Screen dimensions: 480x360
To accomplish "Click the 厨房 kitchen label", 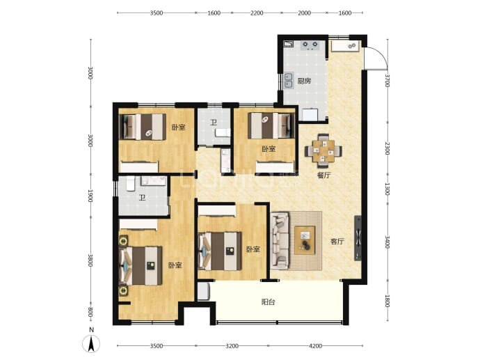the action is pyautogui.click(x=304, y=81).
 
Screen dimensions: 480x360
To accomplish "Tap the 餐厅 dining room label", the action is pyautogui.click(x=323, y=175).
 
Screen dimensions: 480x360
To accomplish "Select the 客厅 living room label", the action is pyautogui.click(x=337, y=242).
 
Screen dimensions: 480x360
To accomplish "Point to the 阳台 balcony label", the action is pyautogui.click(x=268, y=302).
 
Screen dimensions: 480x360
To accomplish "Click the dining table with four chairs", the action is pyautogui.click(x=323, y=150).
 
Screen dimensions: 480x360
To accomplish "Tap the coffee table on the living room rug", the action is pyautogui.click(x=305, y=240).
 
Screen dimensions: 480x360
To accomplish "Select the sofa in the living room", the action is pyautogui.click(x=280, y=241).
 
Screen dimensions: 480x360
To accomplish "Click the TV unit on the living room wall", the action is pyautogui.click(x=358, y=238).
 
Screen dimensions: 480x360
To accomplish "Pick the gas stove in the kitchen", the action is pyautogui.click(x=310, y=45).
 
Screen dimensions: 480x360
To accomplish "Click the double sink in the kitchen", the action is pyautogui.click(x=289, y=80).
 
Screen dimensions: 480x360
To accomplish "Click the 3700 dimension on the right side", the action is pyautogui.click(x=387, y=80).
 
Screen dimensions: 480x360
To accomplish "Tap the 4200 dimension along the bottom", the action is pyautogui.click(x=316, y=346).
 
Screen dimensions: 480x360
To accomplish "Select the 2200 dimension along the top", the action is pyautogui.click(x=257, y=13).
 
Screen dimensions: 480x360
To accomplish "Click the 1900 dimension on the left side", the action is pyautogui.click(x=90, y=196).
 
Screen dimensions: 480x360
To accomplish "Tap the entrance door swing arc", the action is pyautogui.click(x=381, y=54).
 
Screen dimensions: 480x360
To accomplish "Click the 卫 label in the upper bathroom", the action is pyautogui.click(x=214, y=123).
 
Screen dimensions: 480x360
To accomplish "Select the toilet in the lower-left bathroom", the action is pyautogui.click(x=131, y=183).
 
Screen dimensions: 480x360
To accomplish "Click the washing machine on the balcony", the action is pyautogui.click(x=203, y=291).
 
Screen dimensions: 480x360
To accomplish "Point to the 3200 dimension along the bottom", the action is pyautogui.click(x=232, y=346).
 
